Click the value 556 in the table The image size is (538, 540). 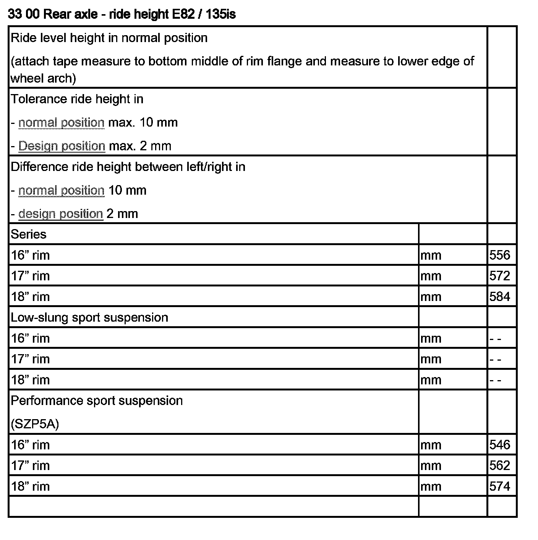click(x=499, y=255)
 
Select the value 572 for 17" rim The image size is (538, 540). click(x=499, y=276)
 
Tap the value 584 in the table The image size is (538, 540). click(x=499, y=296)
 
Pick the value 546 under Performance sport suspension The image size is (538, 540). click(x=499, y=445)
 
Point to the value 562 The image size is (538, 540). click(x=499, y=465)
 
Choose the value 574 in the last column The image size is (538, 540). click(x=499, y=486)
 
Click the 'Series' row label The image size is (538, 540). click(x=29, y=234)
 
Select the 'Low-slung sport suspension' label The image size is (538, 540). click(x=89, y=317)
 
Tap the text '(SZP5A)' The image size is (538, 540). click(x=35, y=424)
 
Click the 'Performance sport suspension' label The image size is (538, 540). click(x=97, y=400)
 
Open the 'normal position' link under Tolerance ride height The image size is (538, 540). click(x=61, y=123)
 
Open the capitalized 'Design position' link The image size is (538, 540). click(x=62, y=146)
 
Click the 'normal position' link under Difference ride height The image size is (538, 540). click(x=61, y=190)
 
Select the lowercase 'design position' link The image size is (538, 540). click(x=61, y=214)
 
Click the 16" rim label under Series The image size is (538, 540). click(x=30, y=255)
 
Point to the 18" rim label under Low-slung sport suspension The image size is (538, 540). click(x=30, y=380)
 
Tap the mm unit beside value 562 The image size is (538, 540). click(x=431, y=465)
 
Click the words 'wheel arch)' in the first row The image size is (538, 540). click(x=43, y=78)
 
